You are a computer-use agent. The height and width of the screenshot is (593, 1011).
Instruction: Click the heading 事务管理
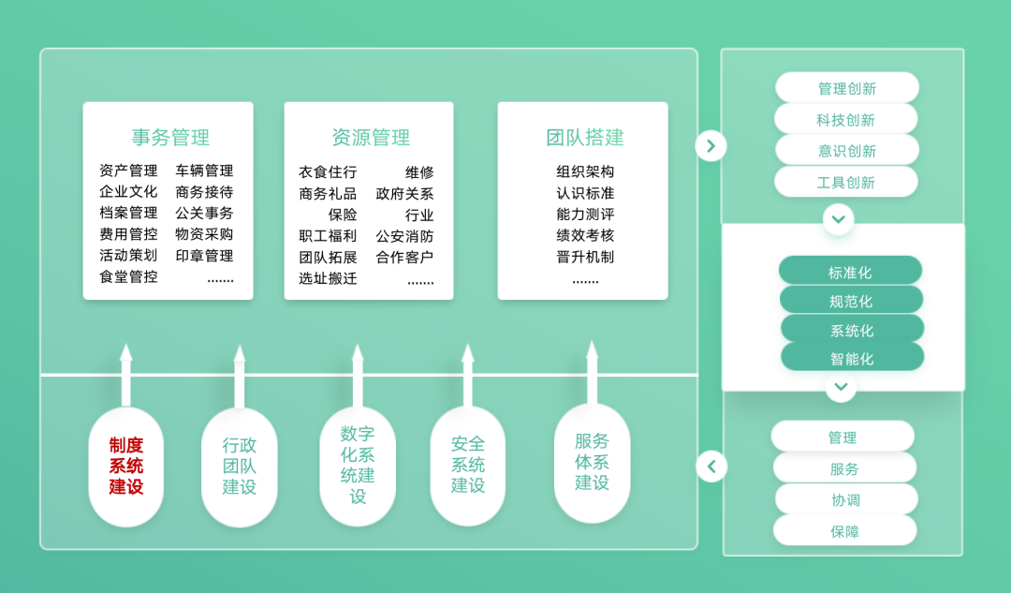[x=169, y=138]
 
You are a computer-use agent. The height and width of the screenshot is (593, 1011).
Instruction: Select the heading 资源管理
[x=371, y=138]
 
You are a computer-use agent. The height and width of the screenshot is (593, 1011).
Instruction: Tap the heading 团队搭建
[x=584, y=138]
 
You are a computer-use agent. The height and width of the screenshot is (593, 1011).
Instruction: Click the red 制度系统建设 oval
[x=125, y=467]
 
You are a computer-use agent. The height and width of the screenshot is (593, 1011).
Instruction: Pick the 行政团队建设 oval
[x=239, y=467]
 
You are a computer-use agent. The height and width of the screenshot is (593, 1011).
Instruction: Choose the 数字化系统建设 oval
[x=358, y=466]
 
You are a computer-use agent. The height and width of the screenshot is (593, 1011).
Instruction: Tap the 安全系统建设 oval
[x=468, y=465]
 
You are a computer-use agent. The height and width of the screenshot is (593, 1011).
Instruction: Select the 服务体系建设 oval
[x=592, y=463]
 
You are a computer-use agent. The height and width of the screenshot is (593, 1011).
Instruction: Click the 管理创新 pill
[x=847, y=88]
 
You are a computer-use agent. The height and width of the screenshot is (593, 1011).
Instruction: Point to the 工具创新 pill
[x=846, y=182]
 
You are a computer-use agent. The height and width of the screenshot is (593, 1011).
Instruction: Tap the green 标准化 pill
[x=850, y=272]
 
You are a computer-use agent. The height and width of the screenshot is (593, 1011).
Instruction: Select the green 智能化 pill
[x=852, y=357]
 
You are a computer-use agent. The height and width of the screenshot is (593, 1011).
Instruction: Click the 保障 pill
[x=844, y=530]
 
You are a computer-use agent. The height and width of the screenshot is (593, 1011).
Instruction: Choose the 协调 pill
[x=845, y=499]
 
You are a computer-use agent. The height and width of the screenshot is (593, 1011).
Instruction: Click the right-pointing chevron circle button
[x=711, y=145]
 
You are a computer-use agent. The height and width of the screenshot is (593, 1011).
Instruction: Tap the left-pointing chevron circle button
[x=711, y=466]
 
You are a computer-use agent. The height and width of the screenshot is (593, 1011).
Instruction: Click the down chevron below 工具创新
[x=838, y=219]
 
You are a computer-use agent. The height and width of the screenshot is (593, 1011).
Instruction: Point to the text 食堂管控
[x=128, y=276]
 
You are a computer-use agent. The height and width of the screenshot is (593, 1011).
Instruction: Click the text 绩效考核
[x=585, y=235]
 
